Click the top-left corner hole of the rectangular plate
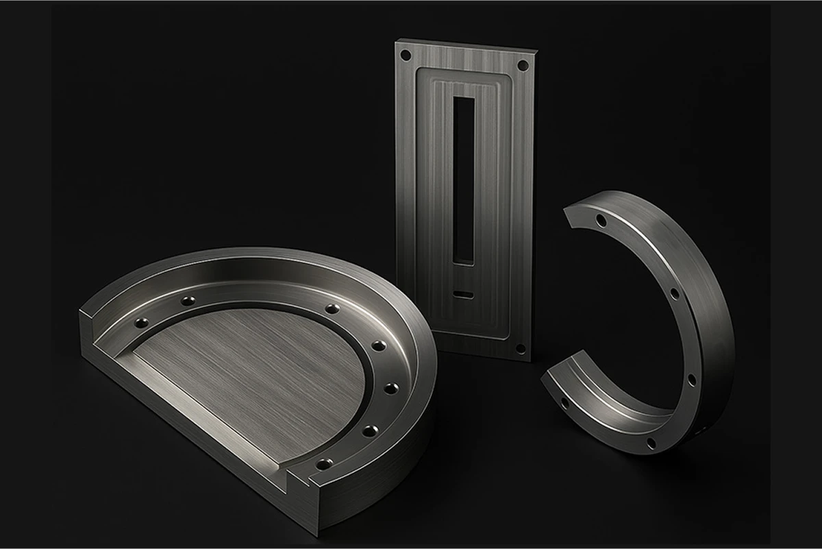point(406,54)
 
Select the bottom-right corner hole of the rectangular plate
point(520,347)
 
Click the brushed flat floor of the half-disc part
point(253,370)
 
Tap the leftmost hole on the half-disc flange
point(142,322)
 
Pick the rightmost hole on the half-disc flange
point(391,389)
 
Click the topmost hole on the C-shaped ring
point(601,221)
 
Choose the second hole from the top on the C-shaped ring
point(675,293)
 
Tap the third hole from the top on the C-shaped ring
point(690,379)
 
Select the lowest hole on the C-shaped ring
point(651,443)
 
